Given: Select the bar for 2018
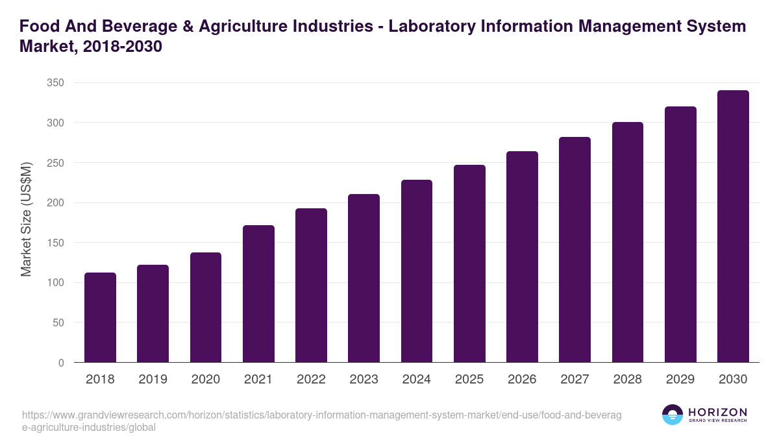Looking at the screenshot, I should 100,317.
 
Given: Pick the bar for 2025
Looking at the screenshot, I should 469,263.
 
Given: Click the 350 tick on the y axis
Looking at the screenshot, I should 56,83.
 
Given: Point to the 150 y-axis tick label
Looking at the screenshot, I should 56,243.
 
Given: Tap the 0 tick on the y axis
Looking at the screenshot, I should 61,363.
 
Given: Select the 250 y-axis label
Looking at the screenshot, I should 56,163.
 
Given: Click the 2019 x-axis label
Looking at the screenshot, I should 153,380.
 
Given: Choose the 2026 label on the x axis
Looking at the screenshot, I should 522,380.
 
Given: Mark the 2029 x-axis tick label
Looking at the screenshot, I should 680,380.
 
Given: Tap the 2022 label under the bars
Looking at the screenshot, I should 311,380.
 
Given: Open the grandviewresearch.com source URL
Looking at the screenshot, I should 321,421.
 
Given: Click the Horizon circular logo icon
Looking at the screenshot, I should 672,415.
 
